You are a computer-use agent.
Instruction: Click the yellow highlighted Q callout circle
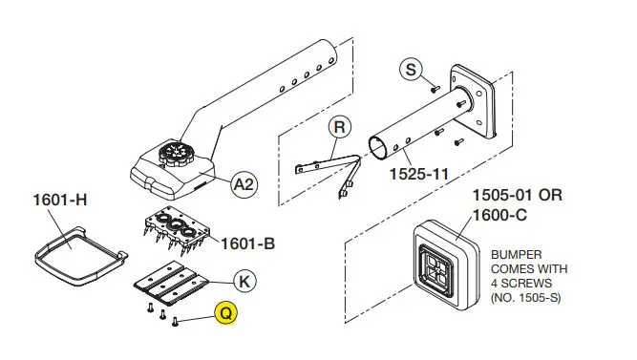click(x=226, y=313)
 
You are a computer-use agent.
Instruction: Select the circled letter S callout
click(x=411, y=69)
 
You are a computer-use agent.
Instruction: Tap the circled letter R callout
click(x=339, y=127)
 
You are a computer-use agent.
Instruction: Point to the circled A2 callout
click(x=244, y=185)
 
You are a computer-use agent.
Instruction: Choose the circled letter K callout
click(x=244, y=282)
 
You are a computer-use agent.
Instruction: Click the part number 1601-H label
click(x=60, y=200)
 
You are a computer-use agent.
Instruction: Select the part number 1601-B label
click(x=247, y=244)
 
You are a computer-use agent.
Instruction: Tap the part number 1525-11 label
click(x=419, y=174)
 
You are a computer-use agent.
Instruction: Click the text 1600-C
click(x=499, y=215)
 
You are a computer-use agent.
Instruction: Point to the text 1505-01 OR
click(x=518, y=196)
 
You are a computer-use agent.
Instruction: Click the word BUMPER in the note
click(x=517, y=255)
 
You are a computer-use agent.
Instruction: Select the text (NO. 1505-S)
click(x=525, y=298)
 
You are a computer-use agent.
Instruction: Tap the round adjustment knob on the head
click(x=177, y=154)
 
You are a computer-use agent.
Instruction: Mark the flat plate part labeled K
click(x=171, y=284)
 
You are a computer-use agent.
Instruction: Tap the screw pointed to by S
click(x=435, y=88)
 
